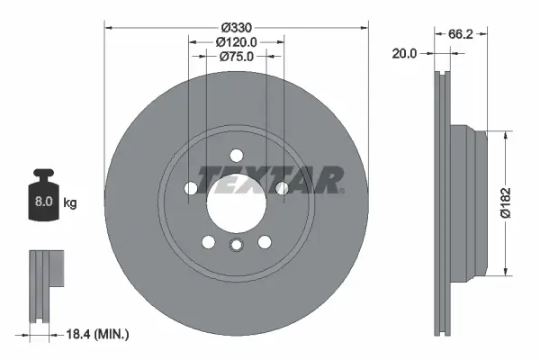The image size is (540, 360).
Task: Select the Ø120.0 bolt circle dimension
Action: click(x=237, y=41)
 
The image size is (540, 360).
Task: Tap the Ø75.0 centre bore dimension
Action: click(x=237, y=56)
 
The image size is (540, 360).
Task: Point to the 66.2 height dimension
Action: click(x=460, y=33)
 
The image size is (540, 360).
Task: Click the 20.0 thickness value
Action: click(x=405, y=54)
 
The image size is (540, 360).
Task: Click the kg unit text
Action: click(x=70, y=203)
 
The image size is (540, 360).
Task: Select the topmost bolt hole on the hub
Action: click(x=237, y=154)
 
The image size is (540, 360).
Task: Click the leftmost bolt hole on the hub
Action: click(x=191, y=188)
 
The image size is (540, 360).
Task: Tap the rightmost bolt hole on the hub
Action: click(x=283, y=188)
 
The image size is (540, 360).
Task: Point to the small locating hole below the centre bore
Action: click(x=237, y=247)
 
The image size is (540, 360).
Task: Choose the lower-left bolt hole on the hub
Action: click(x=209, y=242)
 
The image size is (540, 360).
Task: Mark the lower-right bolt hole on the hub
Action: click(x=265, y=242)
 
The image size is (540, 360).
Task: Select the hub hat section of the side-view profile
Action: click(x=468, y=202)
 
